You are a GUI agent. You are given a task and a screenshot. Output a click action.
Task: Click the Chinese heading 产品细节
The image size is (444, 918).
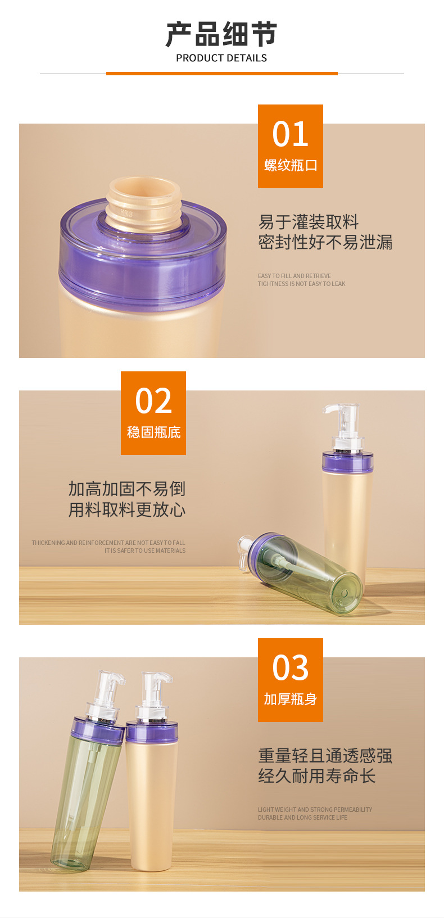[221, 34]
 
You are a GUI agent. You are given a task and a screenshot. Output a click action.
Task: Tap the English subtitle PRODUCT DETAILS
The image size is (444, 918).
[221, 58]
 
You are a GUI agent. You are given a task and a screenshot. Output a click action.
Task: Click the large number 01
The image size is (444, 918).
[290, 134]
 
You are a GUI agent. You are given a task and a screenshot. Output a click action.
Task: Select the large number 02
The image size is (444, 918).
[153, 401]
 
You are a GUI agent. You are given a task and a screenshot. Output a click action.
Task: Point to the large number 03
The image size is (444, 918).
[290, 667]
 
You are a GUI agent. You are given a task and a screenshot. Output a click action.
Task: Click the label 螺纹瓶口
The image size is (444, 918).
[290, 165]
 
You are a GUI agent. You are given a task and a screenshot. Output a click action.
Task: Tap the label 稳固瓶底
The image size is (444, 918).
[153, 432]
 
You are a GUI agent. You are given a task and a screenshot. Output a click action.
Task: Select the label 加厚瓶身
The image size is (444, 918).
[290, 699]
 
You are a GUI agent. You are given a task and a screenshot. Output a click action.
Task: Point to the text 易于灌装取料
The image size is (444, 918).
[309, 222]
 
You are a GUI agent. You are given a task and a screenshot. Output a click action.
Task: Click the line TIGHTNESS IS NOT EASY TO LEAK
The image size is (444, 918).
[301, 284]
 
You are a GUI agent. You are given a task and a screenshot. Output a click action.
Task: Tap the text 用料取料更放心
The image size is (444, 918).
[127, 510]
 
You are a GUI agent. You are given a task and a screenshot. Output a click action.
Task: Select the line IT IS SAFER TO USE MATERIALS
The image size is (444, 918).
[145, 551]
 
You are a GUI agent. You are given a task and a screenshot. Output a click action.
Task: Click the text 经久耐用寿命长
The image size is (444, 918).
[316, 775]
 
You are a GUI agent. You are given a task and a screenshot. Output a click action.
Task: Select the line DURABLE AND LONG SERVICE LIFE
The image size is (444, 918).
[302, 817]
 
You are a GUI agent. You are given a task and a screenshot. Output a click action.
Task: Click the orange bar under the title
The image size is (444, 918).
[222, 74]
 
